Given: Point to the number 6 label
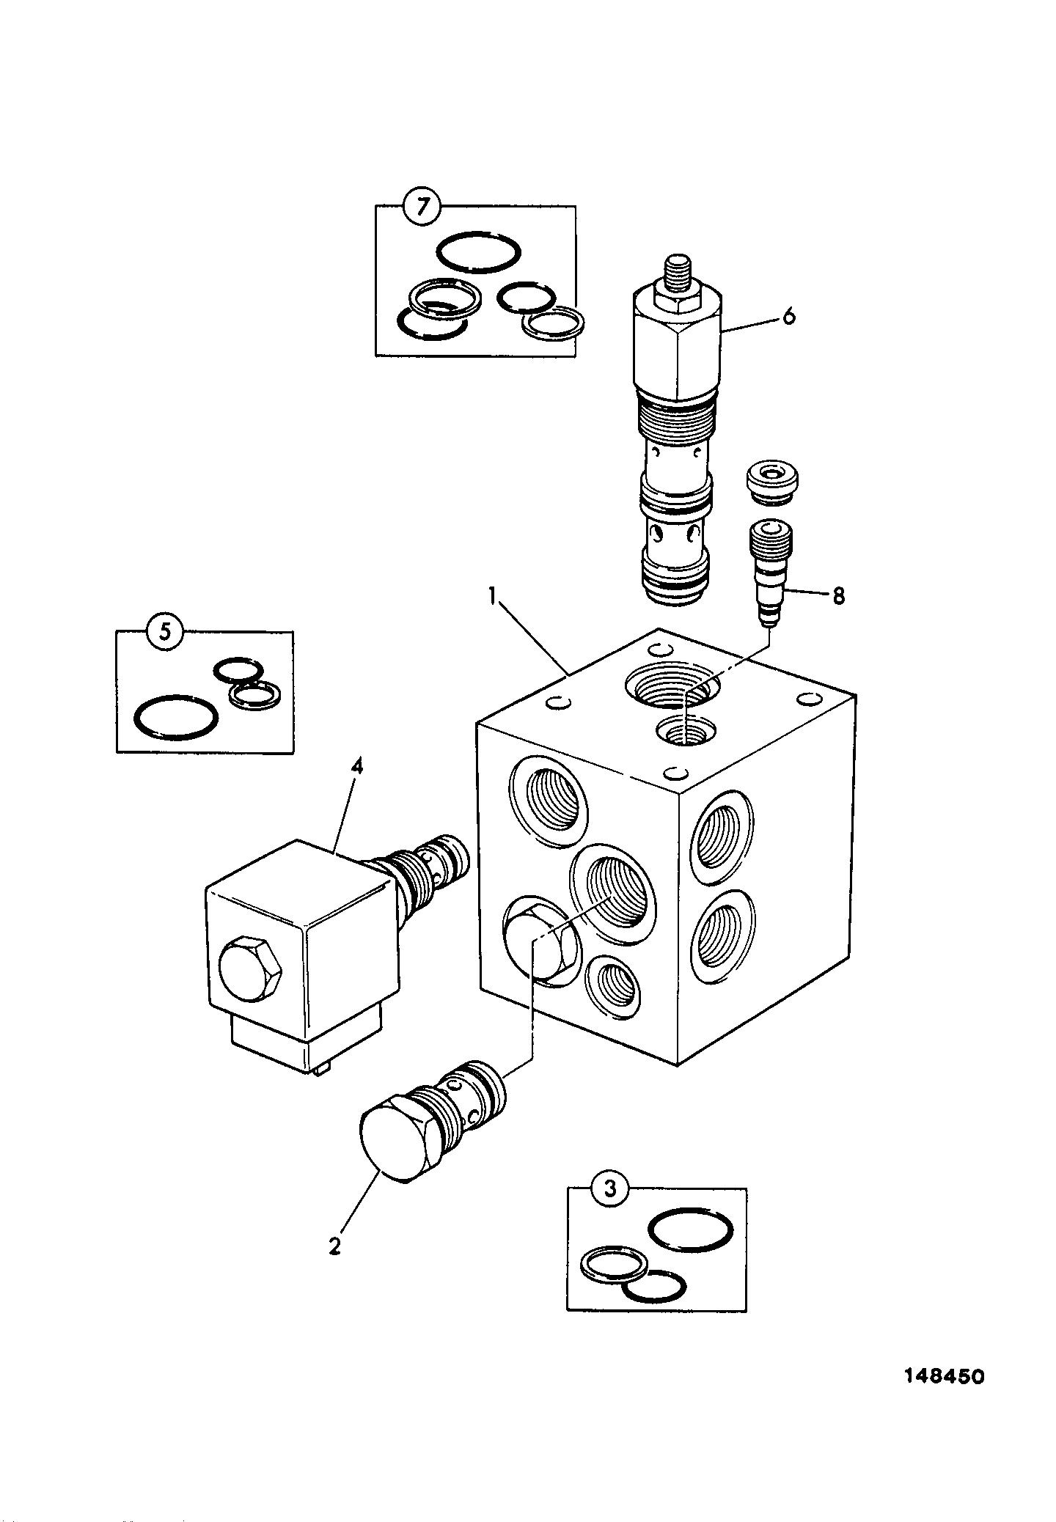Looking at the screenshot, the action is pos(788,317).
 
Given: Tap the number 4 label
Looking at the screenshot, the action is pos(357,767).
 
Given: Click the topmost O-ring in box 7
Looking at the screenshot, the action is pos(478,254).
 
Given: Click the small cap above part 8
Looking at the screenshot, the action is pos(772,484).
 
